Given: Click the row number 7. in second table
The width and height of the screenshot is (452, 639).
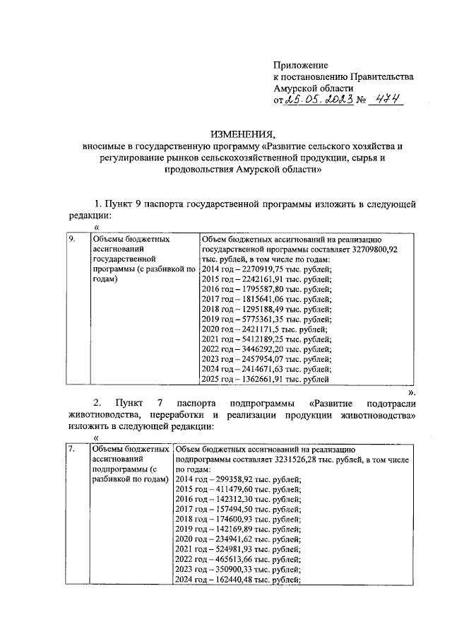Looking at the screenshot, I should (x=71, y=449).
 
